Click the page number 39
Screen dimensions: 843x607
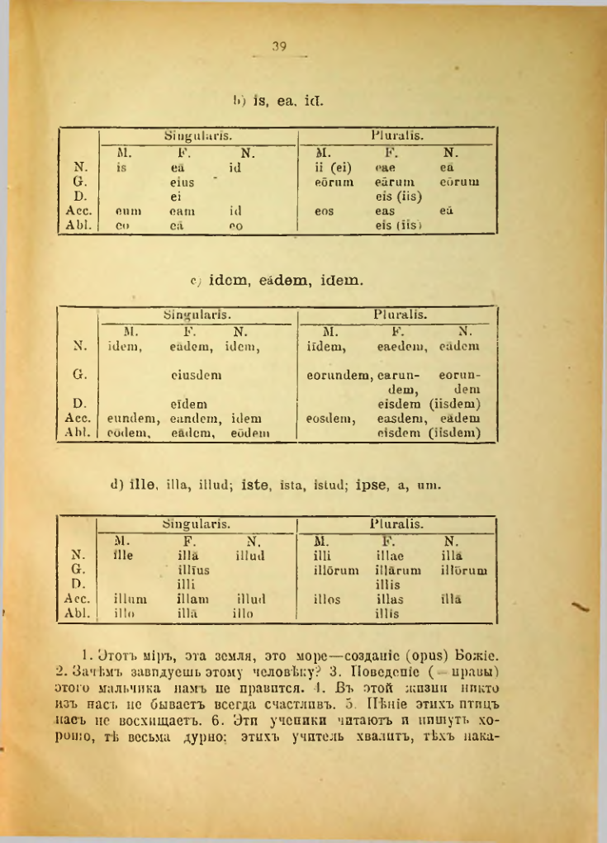[x=277, y=48]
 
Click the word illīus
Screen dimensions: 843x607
[x=194, y=570]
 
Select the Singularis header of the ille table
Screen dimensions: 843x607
[x=196, y=523]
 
